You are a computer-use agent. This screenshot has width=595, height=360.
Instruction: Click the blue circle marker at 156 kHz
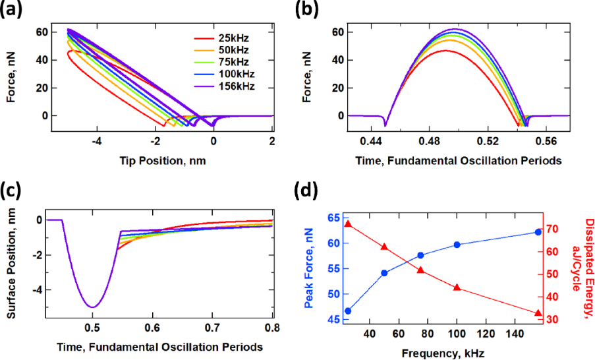tap(538, 232)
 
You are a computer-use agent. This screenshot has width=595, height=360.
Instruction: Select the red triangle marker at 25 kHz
tap(348, 224)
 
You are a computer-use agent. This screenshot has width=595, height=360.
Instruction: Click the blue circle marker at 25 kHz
tap(348, 311)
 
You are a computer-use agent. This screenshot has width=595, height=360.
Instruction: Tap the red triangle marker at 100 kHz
tap(457, 287)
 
